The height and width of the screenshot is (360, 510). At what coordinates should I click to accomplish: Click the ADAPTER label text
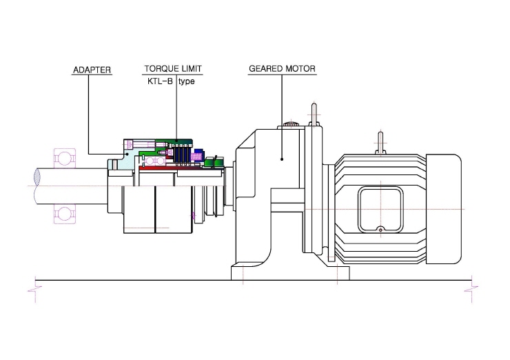pos(92,70)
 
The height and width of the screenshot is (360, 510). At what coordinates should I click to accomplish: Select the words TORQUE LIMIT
pos(173,69)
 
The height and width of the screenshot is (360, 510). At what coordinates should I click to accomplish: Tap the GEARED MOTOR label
pos(283,69)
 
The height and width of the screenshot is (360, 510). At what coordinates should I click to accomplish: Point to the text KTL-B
pos(160,81)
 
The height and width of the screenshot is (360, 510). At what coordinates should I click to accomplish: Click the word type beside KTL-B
pos(187,81)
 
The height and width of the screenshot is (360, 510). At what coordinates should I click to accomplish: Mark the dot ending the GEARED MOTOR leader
pos(282,159)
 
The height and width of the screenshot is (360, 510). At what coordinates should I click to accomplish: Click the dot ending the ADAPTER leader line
pos(127,154)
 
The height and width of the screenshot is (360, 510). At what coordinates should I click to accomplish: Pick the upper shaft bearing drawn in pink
pos(65,158)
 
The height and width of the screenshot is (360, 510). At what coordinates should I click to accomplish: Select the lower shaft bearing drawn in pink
pos(65,214)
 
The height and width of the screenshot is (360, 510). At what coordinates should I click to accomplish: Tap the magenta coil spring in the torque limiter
pos(197,157)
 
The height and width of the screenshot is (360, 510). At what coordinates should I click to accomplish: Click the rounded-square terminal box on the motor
pos(380,210)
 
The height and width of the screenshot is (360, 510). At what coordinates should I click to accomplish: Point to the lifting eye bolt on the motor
pos(380,143)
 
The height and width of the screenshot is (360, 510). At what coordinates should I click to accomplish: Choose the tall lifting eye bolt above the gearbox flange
pos(314,114)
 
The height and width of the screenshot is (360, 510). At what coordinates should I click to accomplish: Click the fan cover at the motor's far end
pos(444,209)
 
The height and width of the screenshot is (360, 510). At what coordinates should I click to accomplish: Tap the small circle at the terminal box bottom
pos(380,230)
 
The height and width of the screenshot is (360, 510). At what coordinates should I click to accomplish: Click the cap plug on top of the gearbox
pos(291,124)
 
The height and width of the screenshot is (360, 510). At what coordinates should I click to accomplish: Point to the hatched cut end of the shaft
pos(37,177)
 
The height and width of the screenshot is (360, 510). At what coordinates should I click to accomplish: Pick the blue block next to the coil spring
pos(198,152)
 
